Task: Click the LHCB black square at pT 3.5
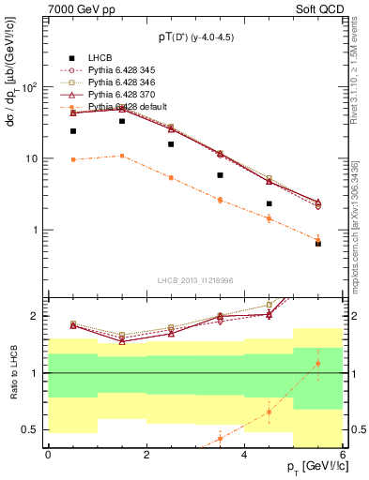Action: (x=220, y=175)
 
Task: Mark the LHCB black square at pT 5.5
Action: (x=317, y=244)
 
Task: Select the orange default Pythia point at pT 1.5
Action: (x=122, y=156)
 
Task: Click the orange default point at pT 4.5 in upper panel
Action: (x=269, y=218)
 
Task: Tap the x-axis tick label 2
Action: (x=146, y=455)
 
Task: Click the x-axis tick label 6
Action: (x=342, y=455)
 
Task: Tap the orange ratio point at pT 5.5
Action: (x=317, y=364)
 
